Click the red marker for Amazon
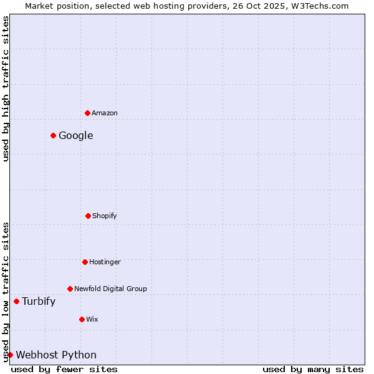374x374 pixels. point(87,113)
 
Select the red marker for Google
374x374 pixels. point(54,135)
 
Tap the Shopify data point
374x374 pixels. point(88,216)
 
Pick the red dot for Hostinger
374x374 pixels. point(85,262)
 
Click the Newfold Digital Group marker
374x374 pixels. point(70,289)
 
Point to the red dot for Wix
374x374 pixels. point(82,319)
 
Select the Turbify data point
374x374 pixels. point(16,301)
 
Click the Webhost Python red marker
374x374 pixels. point(10,355)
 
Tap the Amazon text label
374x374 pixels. point(105,113)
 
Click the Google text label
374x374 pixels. point(76,136)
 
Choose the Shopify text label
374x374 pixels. point(105,216)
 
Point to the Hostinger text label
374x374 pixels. point(105,262)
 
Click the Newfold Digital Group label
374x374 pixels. point(110,289)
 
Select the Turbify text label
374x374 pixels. point(39,302)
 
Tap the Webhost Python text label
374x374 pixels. point(56,355)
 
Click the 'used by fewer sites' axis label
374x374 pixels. point(64,369)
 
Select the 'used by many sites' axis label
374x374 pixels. point(313,369)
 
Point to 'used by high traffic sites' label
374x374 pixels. point(6,89)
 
